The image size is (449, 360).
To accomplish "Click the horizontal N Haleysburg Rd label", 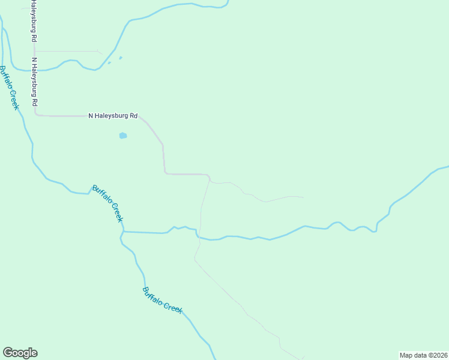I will [x=113, y=116].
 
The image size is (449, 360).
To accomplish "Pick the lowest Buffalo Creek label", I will [x=162, y=299].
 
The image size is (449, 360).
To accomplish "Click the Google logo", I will [x=20, y=353].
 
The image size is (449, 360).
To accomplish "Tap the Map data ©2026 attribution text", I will [x=424, y=355].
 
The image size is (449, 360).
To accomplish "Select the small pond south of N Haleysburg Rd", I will [x=123, y=136].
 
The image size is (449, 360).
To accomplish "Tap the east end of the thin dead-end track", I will [x=303, y=197].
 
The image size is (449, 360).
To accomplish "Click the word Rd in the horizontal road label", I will [x=134, y=116].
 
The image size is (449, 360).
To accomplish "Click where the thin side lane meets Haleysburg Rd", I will [x=35, y=52].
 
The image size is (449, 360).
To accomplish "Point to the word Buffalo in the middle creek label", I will [x=102, y=196].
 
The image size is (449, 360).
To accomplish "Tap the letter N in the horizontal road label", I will [x=91, y=116].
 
